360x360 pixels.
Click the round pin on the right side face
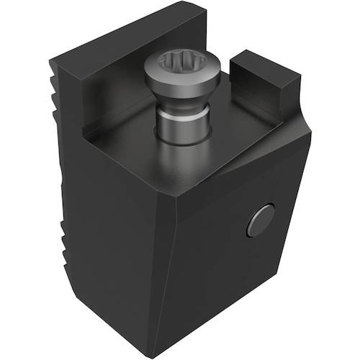pyautogui.click(x=259, y=220)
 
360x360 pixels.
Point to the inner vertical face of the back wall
pyautogui.click(x=115, y=94)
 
